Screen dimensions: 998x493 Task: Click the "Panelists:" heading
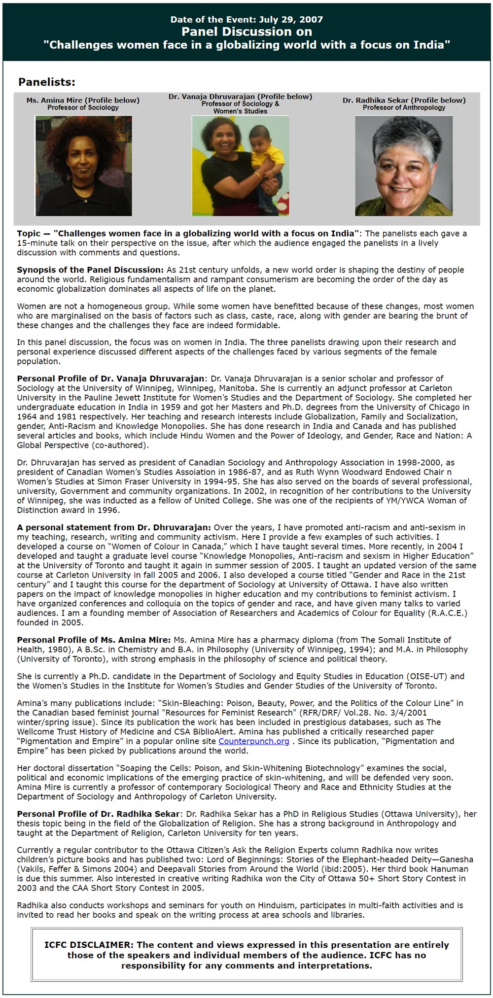47,82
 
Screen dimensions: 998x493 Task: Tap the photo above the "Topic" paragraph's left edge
83,166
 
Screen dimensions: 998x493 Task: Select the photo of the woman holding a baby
240,166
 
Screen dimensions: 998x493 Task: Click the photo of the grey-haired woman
404,166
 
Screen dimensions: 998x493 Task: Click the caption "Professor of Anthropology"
404,107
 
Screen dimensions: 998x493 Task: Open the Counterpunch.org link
254,741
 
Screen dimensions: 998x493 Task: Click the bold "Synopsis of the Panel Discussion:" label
90,270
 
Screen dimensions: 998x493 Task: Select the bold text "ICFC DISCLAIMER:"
89,945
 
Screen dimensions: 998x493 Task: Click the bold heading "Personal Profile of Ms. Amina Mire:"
94,640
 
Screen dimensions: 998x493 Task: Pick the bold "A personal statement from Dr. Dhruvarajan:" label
114,527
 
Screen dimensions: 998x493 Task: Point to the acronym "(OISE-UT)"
426,676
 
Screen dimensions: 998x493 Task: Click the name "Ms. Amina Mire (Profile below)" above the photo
83,100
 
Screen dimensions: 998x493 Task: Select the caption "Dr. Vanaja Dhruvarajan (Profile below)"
240,97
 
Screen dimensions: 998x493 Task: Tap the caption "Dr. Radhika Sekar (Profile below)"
404,100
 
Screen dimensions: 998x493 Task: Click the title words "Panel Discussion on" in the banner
246,32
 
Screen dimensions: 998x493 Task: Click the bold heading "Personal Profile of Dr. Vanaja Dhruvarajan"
110,379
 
